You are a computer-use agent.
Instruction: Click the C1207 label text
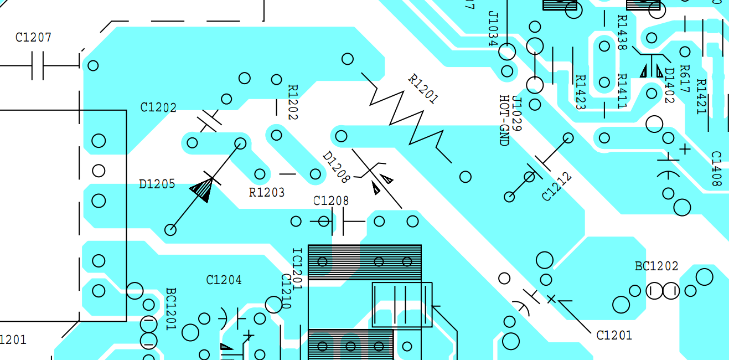coord(33,38)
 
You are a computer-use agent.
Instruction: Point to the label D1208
coord(336,167)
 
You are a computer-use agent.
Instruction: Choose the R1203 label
coord(267,193)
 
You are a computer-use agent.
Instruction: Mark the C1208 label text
coord(331,200)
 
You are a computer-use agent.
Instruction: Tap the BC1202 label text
coord(656,266)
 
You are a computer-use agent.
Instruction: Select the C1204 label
coord(224,280)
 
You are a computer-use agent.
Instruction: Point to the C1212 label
coord(556,187)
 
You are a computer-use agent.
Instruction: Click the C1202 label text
coord(158,107)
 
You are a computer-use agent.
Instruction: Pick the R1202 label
coord(293,102)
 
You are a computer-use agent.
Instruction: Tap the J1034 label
coord(493,29)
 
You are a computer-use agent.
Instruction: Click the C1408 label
coord(716,169)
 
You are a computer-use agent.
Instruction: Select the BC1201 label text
coord(170,309)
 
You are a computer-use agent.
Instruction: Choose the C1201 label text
coord(614,335)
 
